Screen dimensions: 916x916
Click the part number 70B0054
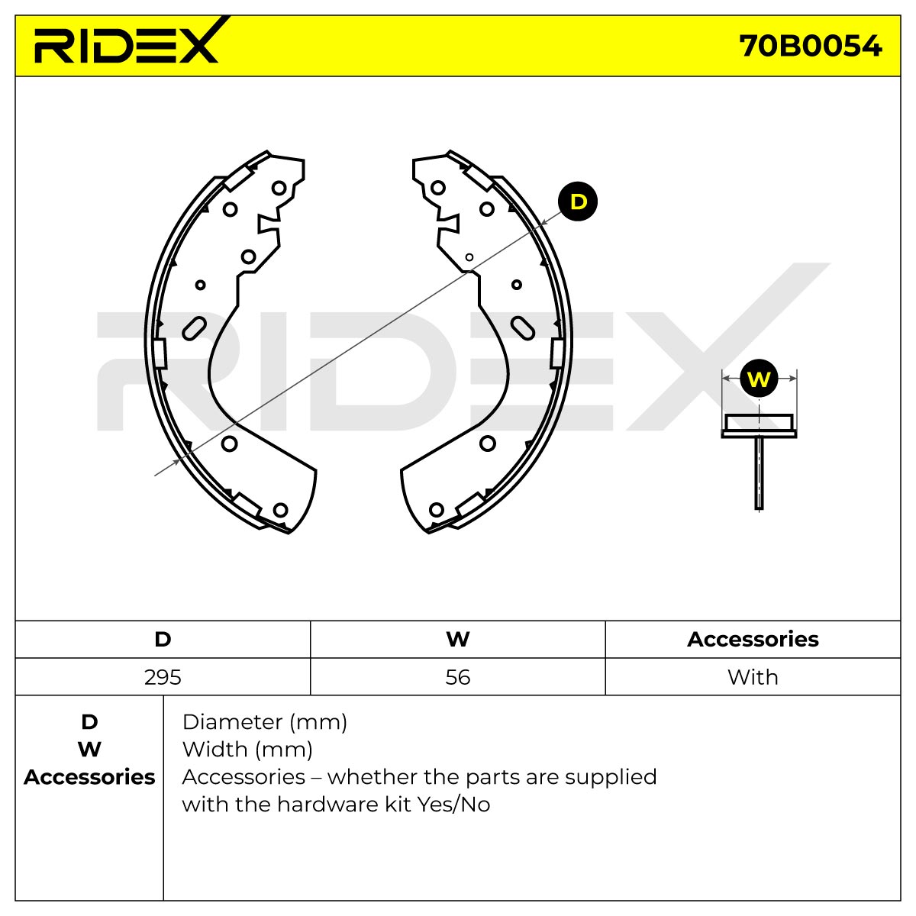(811, 47)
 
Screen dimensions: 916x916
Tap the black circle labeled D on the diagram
(578, 202)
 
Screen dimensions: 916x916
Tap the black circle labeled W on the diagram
(759, 379)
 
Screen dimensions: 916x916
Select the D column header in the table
(163, 640)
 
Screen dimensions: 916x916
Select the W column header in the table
(458, 640)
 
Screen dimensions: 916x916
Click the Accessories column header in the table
(753, 640)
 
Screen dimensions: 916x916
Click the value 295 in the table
(163, 677)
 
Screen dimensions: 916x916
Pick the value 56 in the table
(458, 677)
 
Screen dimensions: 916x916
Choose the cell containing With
(753, 677)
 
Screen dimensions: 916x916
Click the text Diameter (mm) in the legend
(265, 723)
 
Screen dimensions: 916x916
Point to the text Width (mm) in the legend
(247, 750)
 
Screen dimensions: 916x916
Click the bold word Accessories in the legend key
(89, 778)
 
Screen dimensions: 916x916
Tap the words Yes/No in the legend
(453, 805)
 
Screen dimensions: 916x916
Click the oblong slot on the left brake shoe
(194, 328)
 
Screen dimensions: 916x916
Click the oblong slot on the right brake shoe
(522, 328)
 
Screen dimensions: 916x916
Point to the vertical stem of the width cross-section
(759, 473)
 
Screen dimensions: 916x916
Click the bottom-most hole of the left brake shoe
(280, 510)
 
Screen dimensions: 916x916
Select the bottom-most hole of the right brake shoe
(437, 510)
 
